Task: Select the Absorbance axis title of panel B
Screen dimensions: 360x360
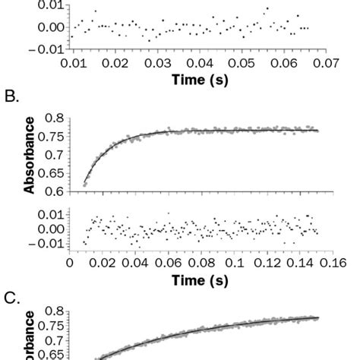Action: (30, 156)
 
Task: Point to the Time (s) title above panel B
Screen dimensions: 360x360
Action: (200, 79)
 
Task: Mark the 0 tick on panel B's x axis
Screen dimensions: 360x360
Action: (70, 263)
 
